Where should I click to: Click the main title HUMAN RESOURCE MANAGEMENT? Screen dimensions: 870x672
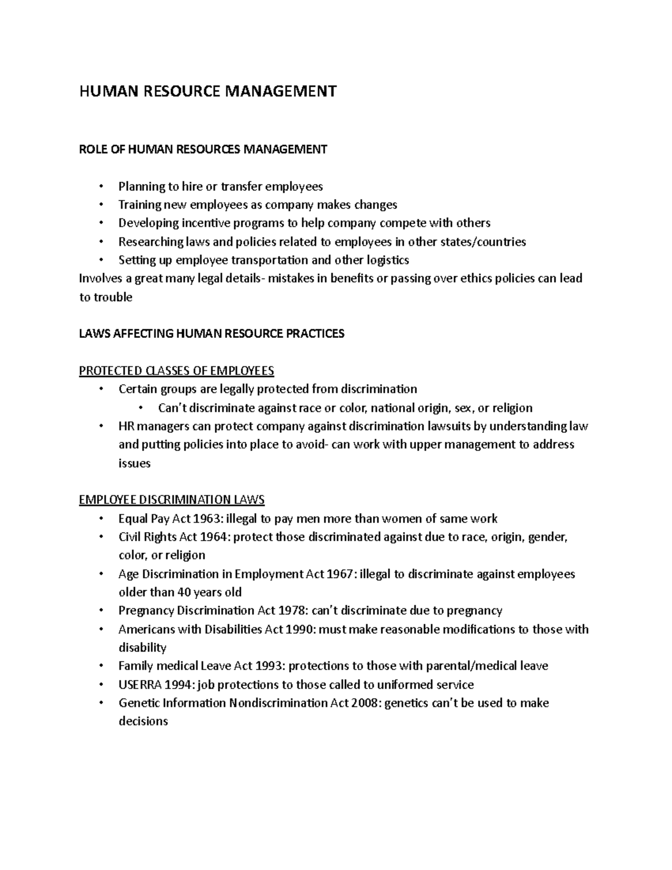pyautogui.click(x=208, y=91)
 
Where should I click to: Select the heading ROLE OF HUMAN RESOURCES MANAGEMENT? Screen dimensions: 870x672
pyautogui.click(x=203, y=149)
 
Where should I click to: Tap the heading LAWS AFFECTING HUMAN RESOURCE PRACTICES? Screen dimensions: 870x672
pyautogui.click(x=212, y=334)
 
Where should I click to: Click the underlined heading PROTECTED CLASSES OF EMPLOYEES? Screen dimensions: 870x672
pyautogui.click(x=176, y=371)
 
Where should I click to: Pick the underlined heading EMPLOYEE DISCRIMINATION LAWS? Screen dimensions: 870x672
pyautogui.click(x=172, y=500)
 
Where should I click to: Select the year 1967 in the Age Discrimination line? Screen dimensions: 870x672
pyautogui.click(x=338, y=574)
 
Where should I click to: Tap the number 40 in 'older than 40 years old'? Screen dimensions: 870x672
pyautogui.click(x=184, y=592)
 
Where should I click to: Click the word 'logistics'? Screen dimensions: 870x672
pyautogui.click(x=388, y=260)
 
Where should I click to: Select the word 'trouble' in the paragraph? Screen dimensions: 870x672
pyautogui.click(x=113, y=297)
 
